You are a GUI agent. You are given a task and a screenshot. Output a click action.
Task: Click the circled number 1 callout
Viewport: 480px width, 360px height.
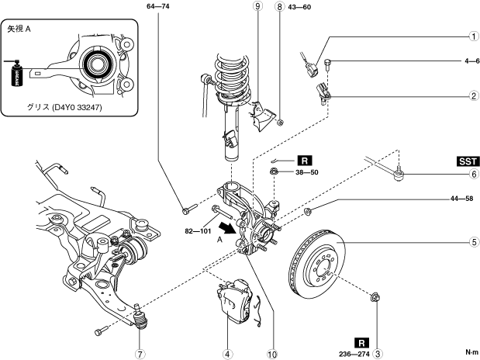[474, 36]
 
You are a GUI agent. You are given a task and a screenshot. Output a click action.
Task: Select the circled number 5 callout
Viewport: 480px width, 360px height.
[474, 242]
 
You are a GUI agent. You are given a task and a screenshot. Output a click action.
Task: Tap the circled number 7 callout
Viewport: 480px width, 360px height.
[140, 354]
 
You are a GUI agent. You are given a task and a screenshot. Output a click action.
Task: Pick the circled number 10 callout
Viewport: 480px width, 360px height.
[272, 354]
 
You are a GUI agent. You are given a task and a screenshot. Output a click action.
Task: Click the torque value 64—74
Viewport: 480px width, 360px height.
[158, 6]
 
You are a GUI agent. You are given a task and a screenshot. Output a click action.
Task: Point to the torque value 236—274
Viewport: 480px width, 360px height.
[354, 354]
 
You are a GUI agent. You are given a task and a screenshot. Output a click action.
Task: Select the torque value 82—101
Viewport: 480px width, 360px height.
[198, 231]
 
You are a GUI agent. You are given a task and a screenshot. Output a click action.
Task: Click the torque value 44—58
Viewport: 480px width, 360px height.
[461, 199]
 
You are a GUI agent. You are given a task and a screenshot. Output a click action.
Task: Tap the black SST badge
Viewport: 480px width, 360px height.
[468, 161]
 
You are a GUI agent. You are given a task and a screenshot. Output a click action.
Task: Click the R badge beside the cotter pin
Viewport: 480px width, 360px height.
[305, 161]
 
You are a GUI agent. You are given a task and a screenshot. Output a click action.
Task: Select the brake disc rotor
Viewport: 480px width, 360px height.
[317, 264]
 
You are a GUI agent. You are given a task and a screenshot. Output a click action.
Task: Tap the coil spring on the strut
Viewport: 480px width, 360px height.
[233, 78]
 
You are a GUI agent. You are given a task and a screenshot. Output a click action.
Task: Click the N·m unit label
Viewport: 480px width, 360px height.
[471, 352]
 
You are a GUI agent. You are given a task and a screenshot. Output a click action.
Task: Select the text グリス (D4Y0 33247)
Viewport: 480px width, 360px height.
[64, 107]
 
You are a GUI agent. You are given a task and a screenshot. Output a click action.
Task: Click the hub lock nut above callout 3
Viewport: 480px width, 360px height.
[375, 297]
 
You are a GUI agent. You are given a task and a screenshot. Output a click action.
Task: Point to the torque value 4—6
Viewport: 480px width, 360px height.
[472, 61]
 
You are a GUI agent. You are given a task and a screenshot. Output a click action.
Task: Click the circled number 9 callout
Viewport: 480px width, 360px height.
[258, 6]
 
